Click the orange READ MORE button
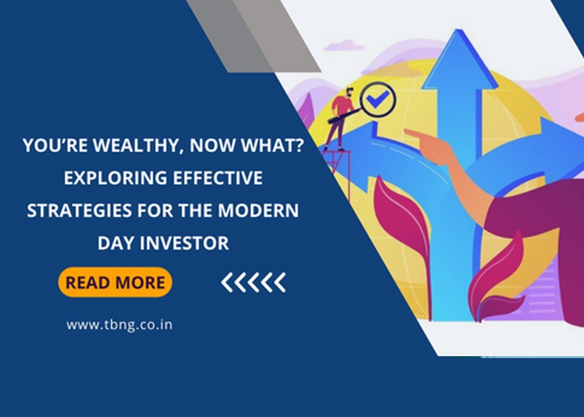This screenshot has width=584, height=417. coord(115,282)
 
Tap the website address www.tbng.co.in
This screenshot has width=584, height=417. coord(119,325)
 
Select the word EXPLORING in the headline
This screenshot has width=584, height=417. coord(116,178)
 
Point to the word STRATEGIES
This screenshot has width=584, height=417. coord(79,210)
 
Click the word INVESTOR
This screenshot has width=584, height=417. coord(185,243)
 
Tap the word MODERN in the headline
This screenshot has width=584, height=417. coord(258,210)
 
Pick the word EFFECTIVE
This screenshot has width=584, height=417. coord(218,178)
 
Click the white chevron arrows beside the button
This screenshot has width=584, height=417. coord(254,282)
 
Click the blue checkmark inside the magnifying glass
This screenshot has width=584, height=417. coord(378,99)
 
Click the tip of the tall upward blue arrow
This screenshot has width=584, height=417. coord(458,30)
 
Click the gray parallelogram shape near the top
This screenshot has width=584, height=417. coord(253,36)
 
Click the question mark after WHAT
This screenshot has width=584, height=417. coord(298,145)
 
